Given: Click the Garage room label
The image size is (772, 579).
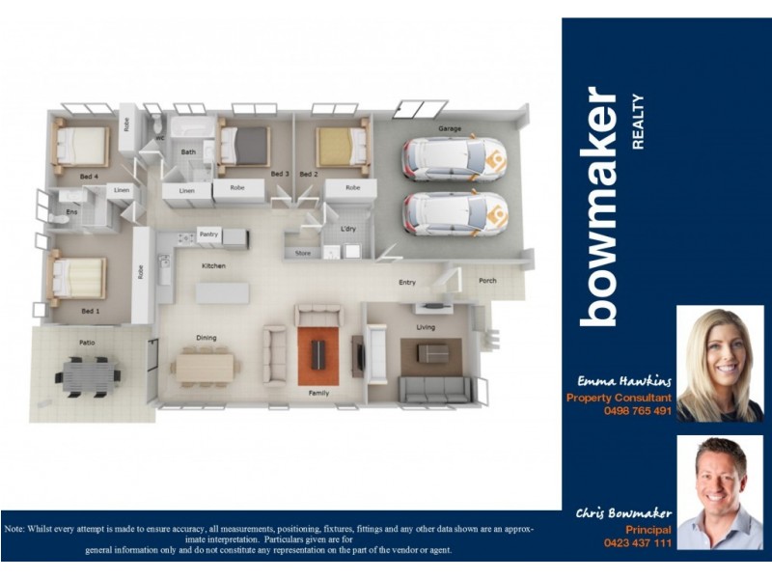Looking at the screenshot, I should tap(450, 128).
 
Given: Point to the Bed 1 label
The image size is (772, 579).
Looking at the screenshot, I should tap(89, 311).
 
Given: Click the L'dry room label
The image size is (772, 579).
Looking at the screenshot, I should tap(349, 229).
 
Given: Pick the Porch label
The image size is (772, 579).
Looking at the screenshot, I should tap(488, 282).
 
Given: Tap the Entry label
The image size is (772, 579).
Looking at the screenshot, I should tap(407, 283).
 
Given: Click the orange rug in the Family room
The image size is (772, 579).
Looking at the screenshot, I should tap(317, 354).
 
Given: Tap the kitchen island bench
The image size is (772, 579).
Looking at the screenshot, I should tap(222, 291).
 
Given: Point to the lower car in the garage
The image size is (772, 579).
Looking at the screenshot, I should tap(455, 213).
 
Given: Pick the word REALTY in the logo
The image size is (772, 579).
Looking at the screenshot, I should tap(637, 122).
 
